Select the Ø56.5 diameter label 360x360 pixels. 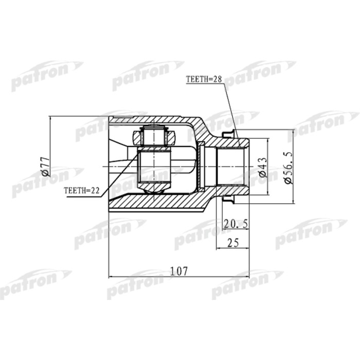point(286,167)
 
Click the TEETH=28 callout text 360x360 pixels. point(204,80)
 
